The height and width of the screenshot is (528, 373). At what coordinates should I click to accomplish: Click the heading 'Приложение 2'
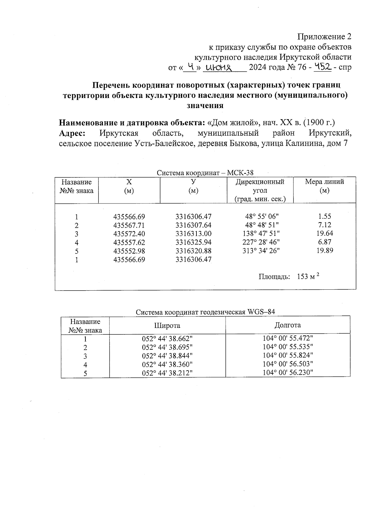point(324,37)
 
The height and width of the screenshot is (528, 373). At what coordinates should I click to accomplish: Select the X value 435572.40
point(129,234)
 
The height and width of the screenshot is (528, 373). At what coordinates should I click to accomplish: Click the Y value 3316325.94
point(193,242)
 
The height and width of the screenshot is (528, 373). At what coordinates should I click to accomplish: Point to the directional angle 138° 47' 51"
point(261,234)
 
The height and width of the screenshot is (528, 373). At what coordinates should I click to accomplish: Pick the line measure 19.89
point(325,251)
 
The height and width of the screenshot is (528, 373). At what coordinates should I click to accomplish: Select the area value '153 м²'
point(308,276)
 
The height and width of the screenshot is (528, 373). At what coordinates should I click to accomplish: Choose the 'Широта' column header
point(167,325)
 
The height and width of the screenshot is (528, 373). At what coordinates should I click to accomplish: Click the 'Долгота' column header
point(288,325)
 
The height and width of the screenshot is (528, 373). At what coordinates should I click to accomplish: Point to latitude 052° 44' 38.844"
point(167,356)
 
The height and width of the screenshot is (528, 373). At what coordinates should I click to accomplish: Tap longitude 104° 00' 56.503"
point(288,364)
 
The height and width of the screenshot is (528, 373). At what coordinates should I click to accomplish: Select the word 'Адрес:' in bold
point(72,133)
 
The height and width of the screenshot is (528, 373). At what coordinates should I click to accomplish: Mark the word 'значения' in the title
point(205,105)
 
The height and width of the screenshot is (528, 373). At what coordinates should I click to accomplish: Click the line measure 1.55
point(325,216)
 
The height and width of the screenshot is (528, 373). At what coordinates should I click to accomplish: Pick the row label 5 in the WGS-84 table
point(85,373)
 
